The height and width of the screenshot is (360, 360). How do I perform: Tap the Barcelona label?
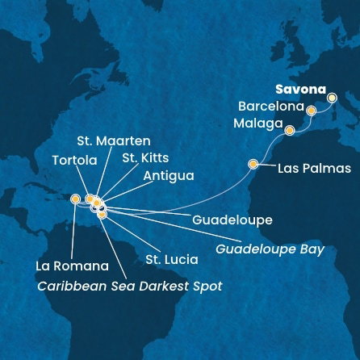[x=271, y=107]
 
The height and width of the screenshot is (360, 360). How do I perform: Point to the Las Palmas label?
[x=314, y=169]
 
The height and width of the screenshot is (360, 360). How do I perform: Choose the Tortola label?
[x=75, y=161]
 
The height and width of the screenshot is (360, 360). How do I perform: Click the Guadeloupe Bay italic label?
[x=270, y=249]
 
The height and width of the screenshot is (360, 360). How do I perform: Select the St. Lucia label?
[x=171, y=260]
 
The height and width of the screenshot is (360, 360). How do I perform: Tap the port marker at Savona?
[x=332, y=98]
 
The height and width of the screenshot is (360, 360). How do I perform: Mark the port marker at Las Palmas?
[x=253, y=164]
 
